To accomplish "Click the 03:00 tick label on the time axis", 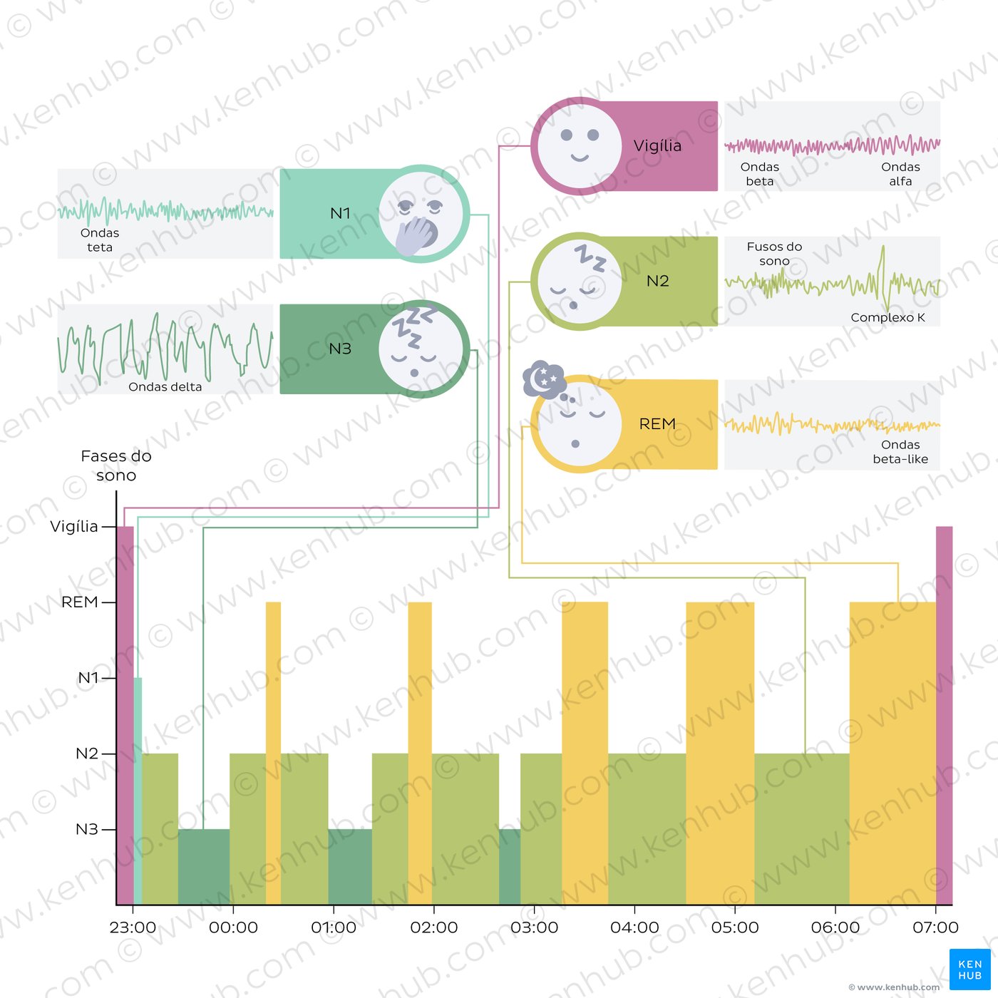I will point(534,927).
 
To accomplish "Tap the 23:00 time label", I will point(133,927).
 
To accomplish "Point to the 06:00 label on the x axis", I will point(835,927).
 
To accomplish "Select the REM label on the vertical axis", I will point(79,602).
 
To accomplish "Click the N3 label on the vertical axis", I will point(86,829).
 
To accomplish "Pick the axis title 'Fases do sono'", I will point(116,465).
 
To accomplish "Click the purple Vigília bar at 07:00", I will point(944,713).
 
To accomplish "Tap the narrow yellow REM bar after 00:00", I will point(273,748).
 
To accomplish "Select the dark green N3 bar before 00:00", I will point(204,866).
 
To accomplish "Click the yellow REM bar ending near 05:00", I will point(720,748).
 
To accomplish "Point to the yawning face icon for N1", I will point(421,214).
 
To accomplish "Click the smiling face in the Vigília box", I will point(579,145).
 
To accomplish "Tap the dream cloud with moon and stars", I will point(545,379).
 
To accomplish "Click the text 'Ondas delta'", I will point(165,387).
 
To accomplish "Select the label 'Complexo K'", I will point(888,317).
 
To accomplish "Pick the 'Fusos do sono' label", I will point(774,254).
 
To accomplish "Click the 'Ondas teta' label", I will point(100,240).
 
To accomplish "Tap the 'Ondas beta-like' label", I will point(900,452).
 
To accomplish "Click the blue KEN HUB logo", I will point(969,969).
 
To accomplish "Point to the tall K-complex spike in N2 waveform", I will point(883,271).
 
